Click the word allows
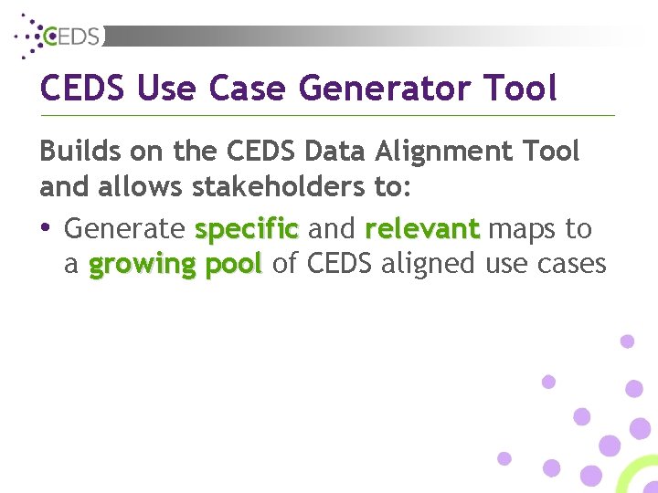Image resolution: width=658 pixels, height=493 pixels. click(139, 186)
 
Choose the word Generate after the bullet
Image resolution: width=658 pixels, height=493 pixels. click(124, 228)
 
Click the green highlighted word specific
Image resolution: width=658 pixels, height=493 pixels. click(247, 229)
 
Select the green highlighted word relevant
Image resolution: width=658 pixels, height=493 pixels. click(421, 228)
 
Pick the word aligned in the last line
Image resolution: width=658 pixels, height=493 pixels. click(427, 265)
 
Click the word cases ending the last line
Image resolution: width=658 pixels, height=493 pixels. click(572, 264)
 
